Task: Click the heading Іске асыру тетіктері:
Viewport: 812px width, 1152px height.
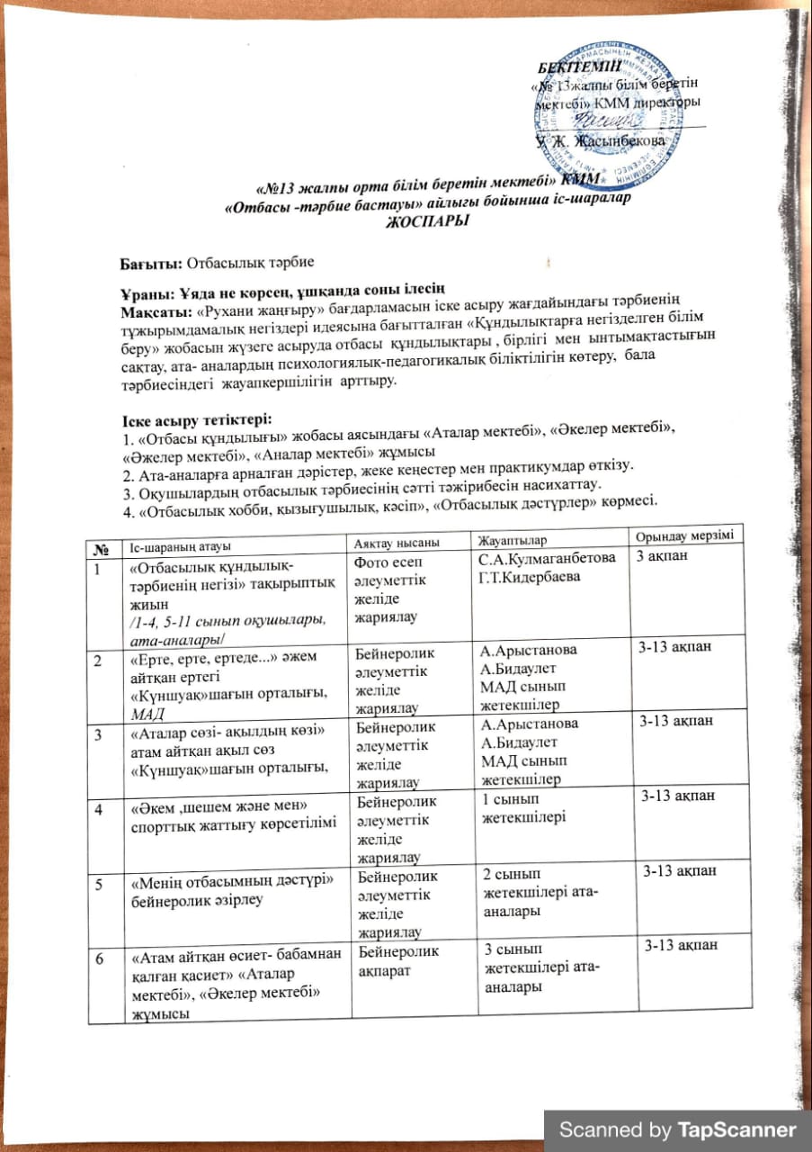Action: click(196, 420)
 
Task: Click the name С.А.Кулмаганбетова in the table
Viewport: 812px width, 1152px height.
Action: click(549, 560)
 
